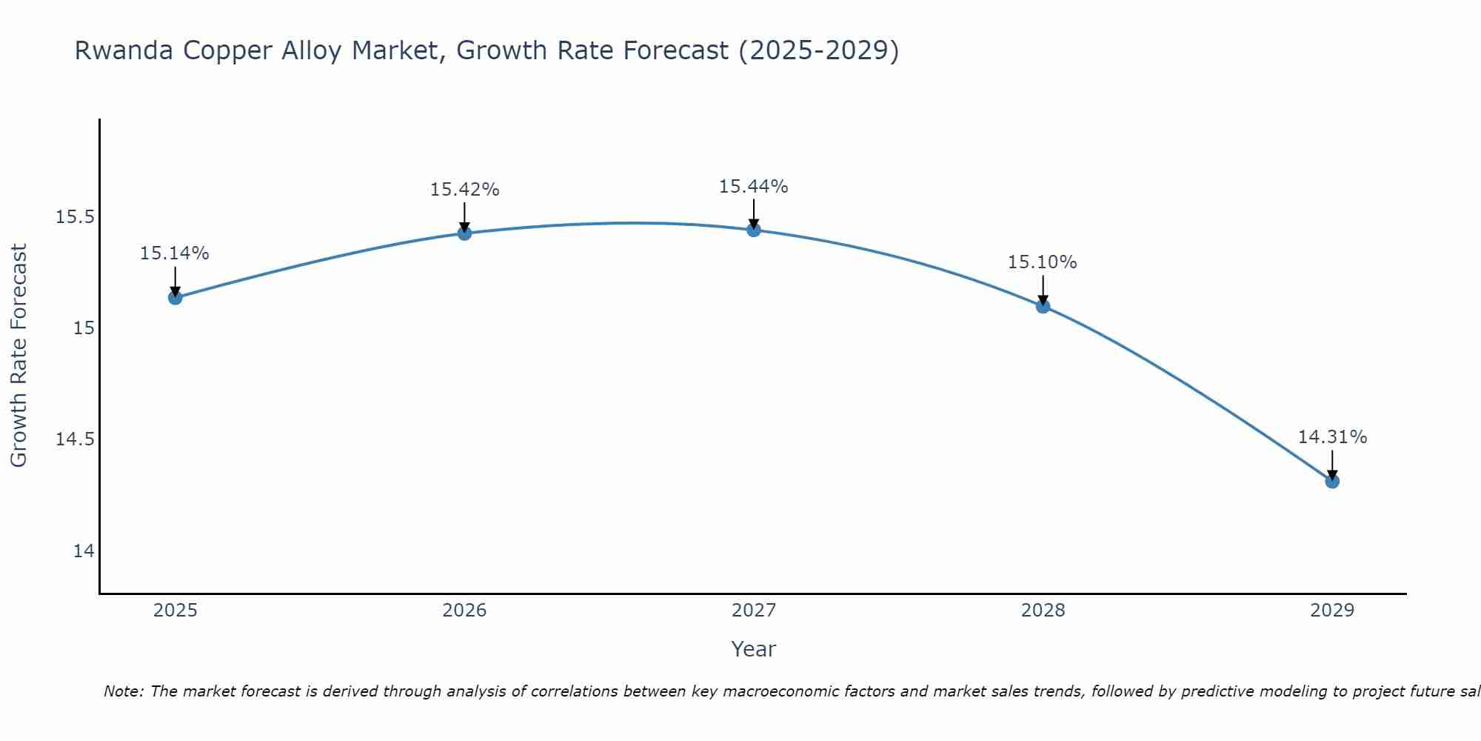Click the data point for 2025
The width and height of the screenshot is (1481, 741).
(175, 298)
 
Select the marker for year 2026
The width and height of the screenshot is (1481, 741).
(464, 233)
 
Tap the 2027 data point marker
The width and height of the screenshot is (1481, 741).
(754, 230)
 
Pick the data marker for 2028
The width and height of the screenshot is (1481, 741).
(1043, 306)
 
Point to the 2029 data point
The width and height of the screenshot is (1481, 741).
(1332, 482)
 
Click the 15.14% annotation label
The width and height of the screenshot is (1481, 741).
(175, 253)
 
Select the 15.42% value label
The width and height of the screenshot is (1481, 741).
(464, 190)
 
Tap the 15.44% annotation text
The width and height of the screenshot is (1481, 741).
(753, 187)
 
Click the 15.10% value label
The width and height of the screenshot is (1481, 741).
(1042, 262)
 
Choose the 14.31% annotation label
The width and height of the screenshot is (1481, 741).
(1332, 437)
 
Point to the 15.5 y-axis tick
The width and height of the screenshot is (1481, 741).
(76, 217)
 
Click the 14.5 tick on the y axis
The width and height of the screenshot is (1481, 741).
(76, 439)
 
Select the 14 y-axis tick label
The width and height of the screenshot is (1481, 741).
(84, 551)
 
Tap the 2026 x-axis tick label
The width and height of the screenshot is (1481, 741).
(464, 611)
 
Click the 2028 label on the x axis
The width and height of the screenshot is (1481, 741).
(1043, 611)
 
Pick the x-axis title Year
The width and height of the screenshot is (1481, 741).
(753, 649)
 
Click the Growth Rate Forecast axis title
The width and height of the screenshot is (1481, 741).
(19, 356)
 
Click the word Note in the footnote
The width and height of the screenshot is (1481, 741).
(123, 691)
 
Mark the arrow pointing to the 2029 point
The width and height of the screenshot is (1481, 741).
(1332, 464)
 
